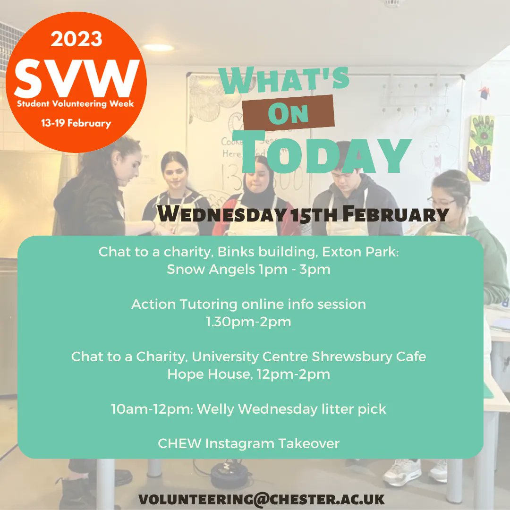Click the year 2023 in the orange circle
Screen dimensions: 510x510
click(76, 40)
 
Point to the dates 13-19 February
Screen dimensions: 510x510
click(76, 124)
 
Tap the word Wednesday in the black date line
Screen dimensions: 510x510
click(221, 214)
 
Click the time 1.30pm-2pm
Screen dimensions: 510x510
click(249, 322)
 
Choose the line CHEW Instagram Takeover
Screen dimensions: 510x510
click(249, 444)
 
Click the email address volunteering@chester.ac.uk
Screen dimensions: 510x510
click(262, 499)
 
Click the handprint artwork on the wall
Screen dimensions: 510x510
click(481, 148)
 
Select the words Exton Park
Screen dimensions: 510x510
click(361, 252)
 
